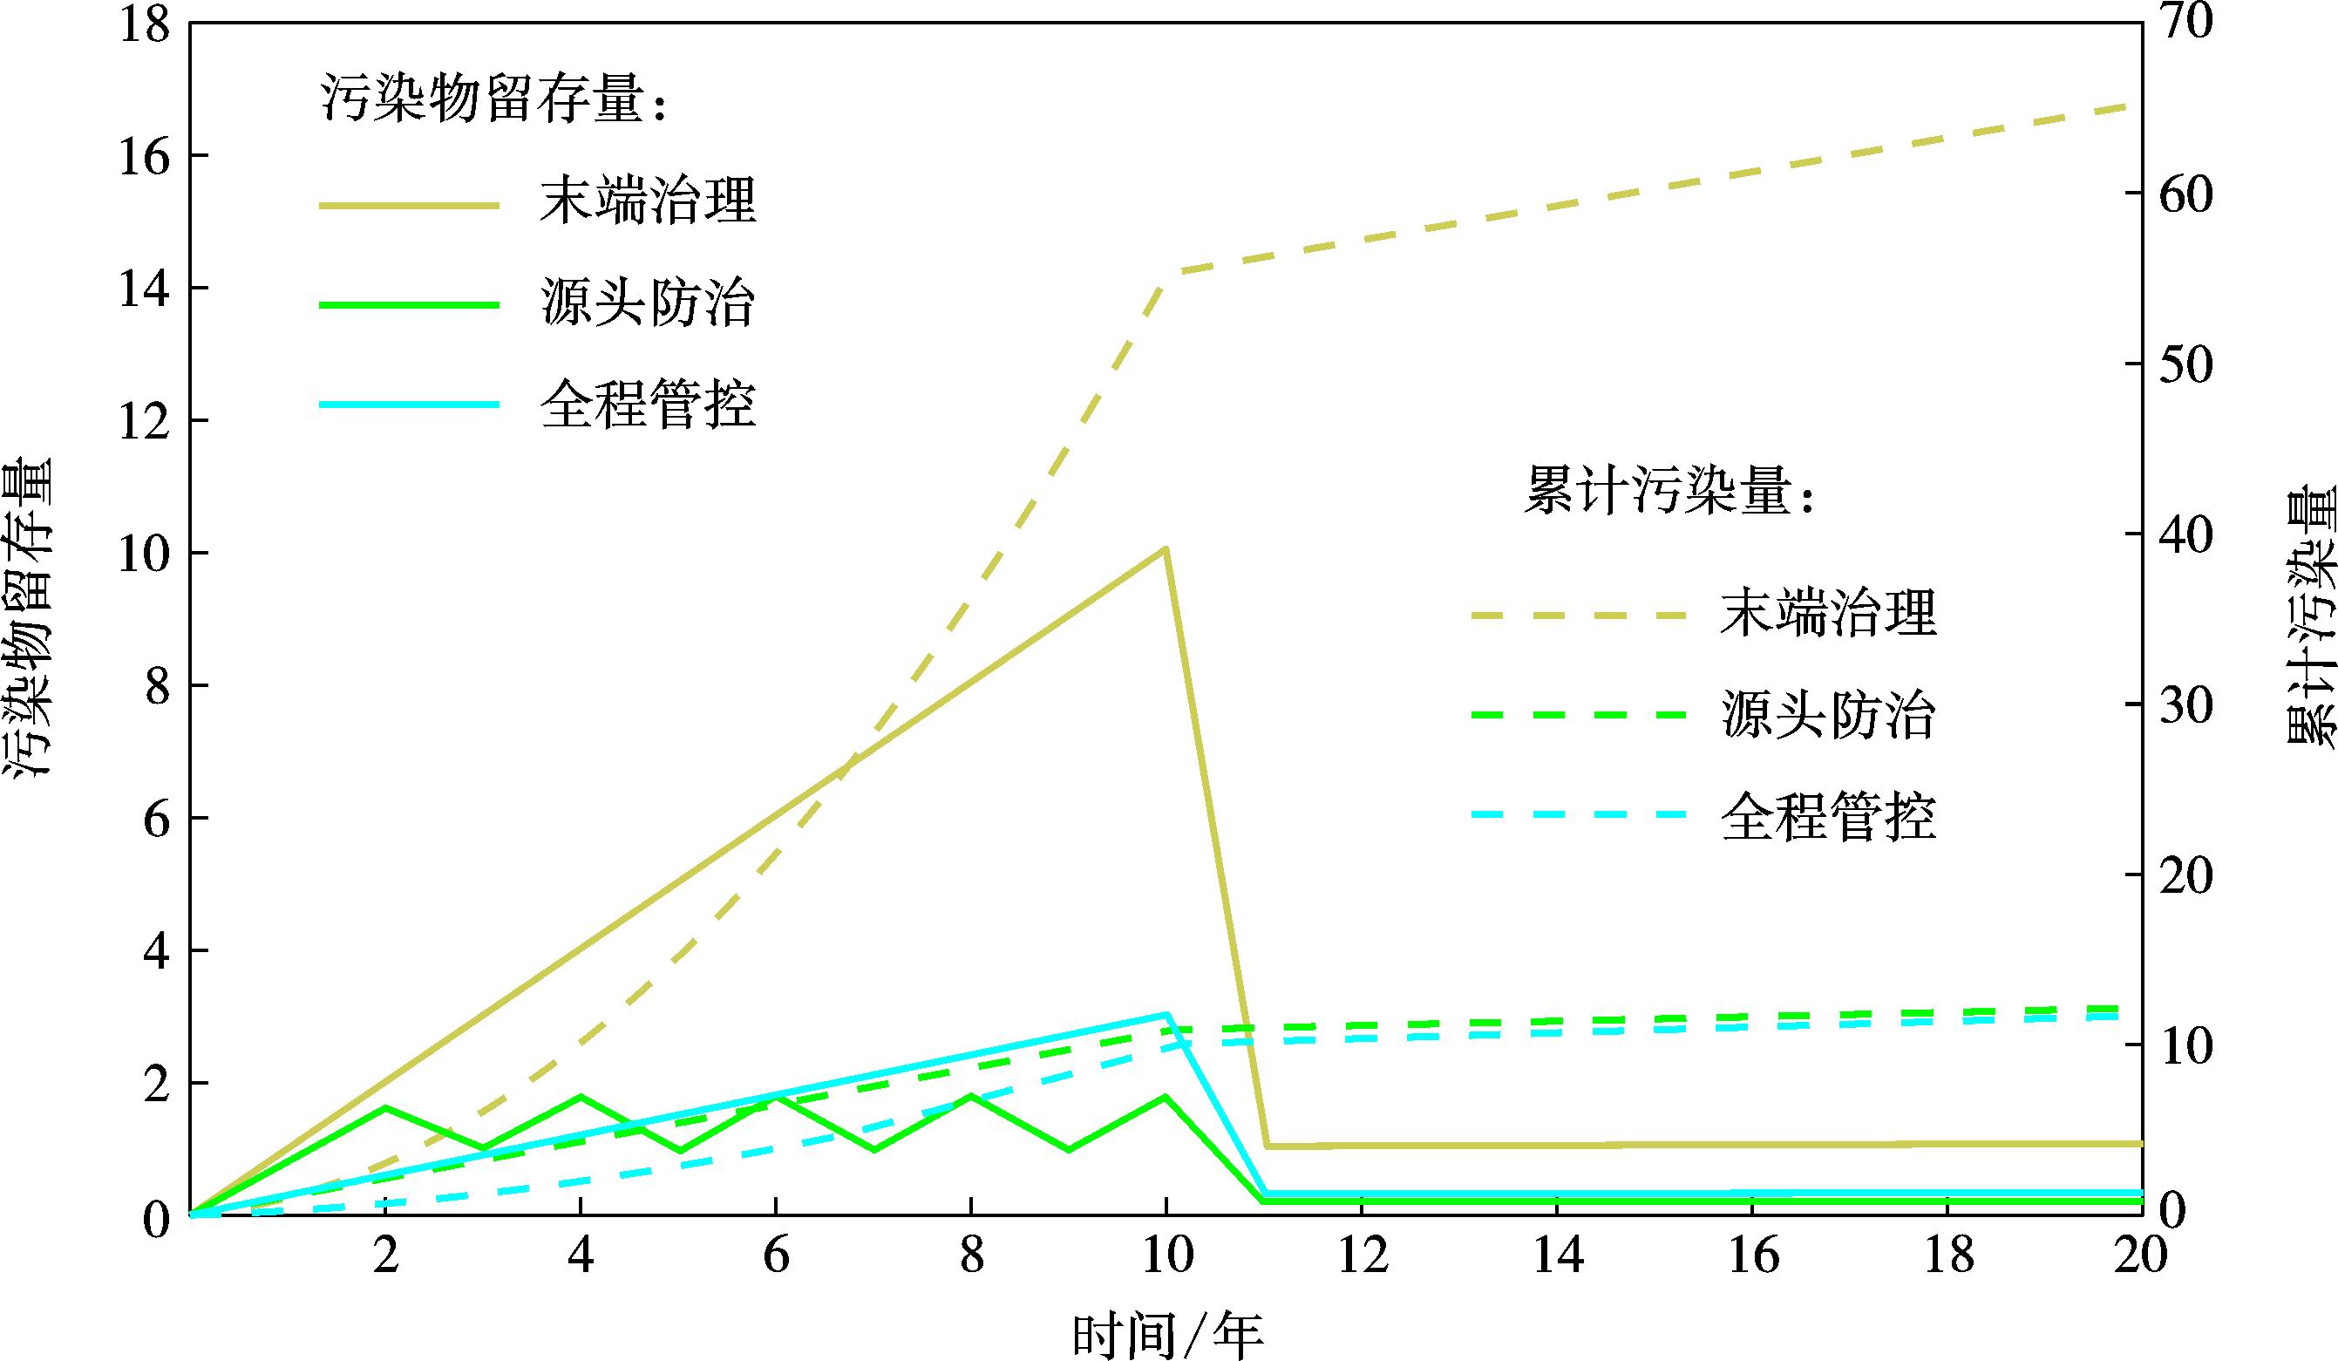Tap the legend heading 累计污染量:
(1668, 490)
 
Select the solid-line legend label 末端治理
(648, 201)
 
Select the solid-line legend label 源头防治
(648, 303)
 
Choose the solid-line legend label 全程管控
(648, 405)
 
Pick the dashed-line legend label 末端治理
(1828, 614)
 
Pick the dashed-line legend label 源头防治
(1828, 715)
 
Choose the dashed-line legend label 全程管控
(1828, 817)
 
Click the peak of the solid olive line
(1166, 549)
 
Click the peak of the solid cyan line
(1166, 1014)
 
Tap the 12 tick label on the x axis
(1362, 1256)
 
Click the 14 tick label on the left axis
(146, 289)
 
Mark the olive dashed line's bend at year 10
(1166, 273)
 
